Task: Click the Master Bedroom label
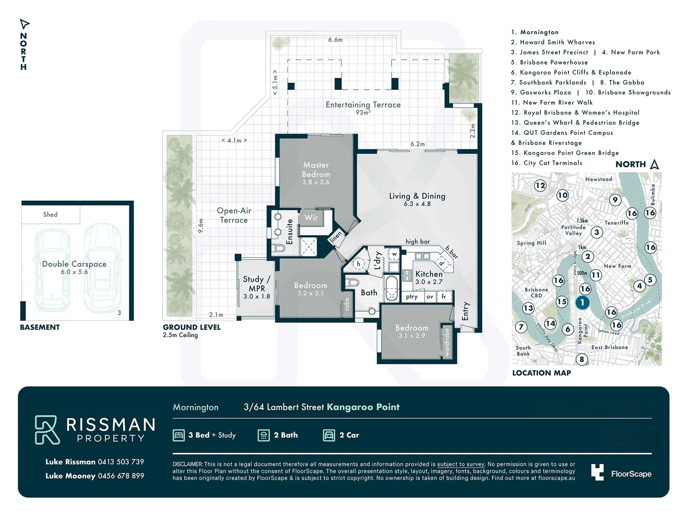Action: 316,170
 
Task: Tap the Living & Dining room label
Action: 417,196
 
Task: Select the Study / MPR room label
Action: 257,284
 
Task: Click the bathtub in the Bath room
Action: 391,288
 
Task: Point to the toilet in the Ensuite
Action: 279,248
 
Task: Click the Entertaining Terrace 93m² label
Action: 363,105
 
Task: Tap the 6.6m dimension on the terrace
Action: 335,40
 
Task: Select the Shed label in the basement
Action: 50,215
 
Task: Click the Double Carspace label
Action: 74,264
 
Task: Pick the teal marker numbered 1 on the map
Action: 582,302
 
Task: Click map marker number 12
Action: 540,185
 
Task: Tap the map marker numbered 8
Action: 582,359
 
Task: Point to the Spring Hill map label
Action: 531,243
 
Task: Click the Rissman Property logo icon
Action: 47,430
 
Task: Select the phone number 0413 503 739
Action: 121,462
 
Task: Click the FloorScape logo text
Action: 631,474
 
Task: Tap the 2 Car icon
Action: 329,435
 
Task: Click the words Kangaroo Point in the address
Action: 363,407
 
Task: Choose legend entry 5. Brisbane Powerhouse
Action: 549,62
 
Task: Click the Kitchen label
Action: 429,274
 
